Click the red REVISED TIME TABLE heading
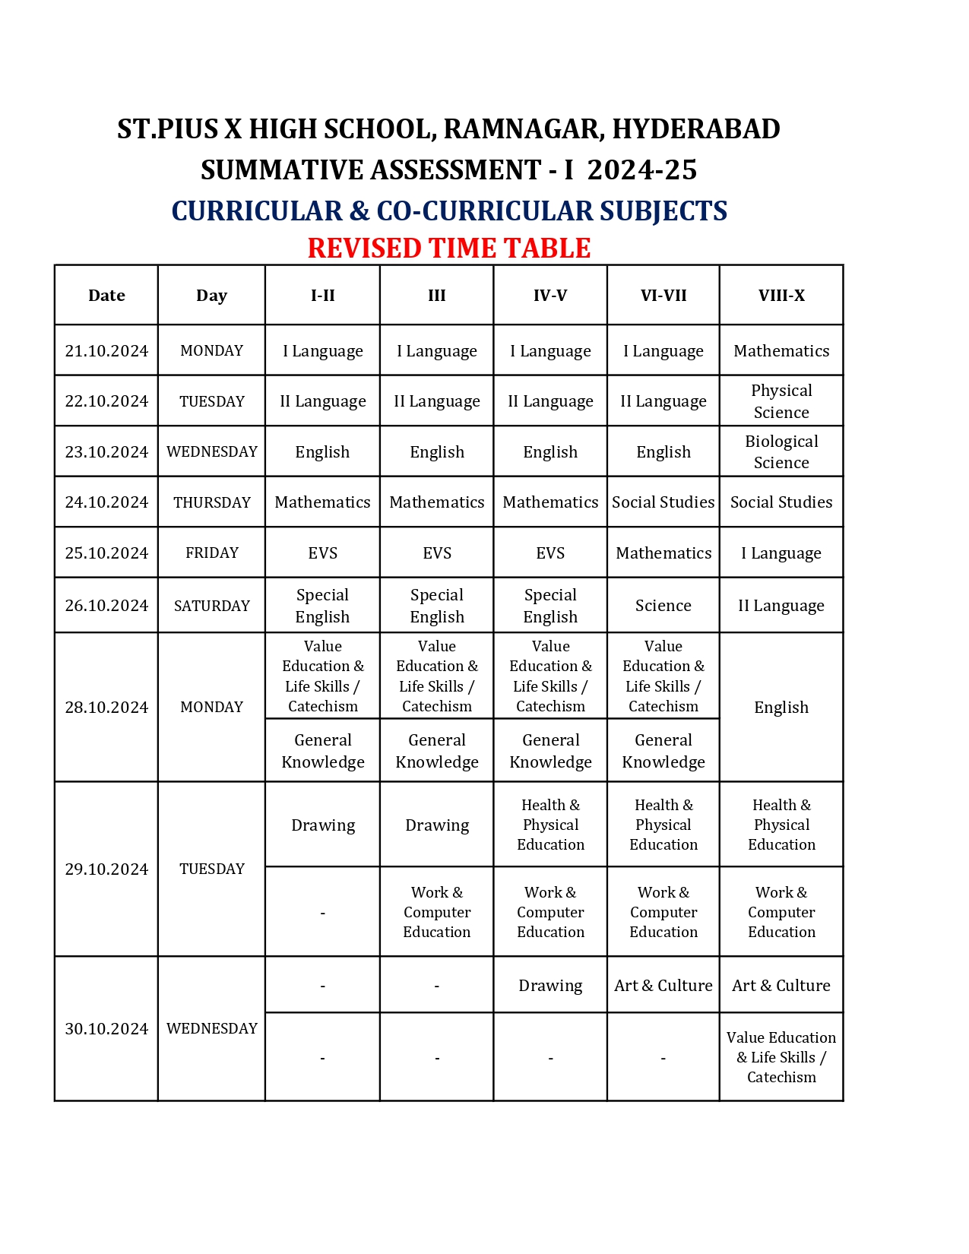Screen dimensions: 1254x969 pos(449,249)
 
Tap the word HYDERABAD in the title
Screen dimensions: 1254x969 pos(695,129)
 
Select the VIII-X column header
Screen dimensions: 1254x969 pos(781,296)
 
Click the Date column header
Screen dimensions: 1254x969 pos(106,296)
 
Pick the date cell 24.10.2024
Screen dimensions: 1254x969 pos(106,502)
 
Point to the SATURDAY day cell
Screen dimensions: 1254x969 pos(212,606)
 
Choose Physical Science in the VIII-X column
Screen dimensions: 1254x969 pos(781,401)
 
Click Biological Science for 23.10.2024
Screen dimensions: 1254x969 pos(781,452)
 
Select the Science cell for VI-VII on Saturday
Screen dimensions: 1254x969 pos(663,606)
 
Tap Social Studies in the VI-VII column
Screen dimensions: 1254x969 pos(663,502)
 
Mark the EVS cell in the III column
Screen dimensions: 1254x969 pos(437,553)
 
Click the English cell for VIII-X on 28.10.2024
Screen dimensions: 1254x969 pos(781,708)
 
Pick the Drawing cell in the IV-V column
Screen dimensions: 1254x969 pos(550,986)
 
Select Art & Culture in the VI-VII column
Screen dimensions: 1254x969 pos(663,986)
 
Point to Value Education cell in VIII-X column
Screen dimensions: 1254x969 pos(781,1057)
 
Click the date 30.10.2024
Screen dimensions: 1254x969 pos(106,1029)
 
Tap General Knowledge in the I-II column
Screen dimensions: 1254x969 pos(323,751)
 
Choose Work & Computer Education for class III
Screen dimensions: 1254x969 pos(437,912)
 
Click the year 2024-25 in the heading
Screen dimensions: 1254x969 pos(642,169)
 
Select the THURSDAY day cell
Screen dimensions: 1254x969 pos(212,502)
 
